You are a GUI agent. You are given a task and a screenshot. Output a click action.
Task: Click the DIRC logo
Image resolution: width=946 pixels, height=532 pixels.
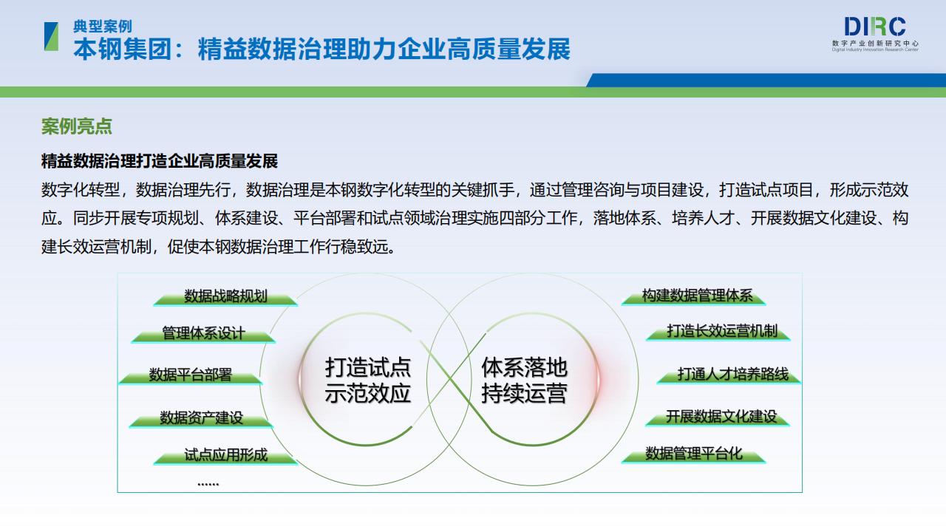click(x=875, y=34)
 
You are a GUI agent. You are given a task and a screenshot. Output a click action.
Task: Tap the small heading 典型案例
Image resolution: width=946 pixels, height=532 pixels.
click(x=103, y=26)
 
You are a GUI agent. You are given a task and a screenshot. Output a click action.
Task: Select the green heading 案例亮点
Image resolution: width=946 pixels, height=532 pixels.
click(x=76, y=126)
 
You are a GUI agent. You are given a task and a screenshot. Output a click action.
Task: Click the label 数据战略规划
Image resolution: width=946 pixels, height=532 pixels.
click(x=226, y=296)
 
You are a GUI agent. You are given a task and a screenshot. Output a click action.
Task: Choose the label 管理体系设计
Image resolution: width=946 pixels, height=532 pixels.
click(x=203, y=332)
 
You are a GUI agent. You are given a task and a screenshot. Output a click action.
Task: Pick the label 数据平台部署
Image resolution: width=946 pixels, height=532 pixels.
click(x=191, y=374)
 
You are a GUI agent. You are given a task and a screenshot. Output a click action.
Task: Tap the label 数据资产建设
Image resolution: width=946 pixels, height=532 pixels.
click(x=202, y=417)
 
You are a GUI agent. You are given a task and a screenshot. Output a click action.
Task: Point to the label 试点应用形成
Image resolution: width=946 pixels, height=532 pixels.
click(x=226, y=454)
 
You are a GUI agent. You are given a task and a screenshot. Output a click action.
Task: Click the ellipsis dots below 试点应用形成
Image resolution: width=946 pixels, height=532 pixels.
click(x=208, y=484)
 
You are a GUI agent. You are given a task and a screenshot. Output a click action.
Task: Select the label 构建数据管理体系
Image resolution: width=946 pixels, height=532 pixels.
click(x=697, y=295)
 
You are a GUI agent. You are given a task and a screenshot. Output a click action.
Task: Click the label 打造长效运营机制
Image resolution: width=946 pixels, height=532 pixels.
click(x=722, y=330)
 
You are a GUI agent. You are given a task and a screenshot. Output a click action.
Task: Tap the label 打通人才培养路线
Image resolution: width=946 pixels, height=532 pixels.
click(x=733, y=374)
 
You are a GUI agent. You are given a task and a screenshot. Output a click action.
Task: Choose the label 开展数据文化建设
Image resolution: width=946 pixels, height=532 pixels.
click(x=721, y=416)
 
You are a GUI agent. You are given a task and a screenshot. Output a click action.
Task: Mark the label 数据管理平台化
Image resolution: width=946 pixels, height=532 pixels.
click(x=694, y=453)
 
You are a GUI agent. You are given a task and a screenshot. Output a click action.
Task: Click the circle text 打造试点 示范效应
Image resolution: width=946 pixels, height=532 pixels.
click(x=368, y=380)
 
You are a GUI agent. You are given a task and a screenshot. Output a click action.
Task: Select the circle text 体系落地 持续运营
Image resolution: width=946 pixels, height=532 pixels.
click(x=524, y=380)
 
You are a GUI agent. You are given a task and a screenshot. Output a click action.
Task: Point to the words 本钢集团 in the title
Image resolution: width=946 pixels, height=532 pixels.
click(x=123, y=49)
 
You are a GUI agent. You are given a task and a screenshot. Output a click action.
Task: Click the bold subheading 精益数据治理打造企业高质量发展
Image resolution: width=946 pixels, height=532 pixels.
click(x=160, y=161)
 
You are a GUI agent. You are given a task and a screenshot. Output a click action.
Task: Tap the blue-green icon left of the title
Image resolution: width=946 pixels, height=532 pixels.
click(x=52, y=36)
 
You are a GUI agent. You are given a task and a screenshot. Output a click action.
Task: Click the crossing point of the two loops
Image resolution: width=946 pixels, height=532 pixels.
click(x=449, y=380)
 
